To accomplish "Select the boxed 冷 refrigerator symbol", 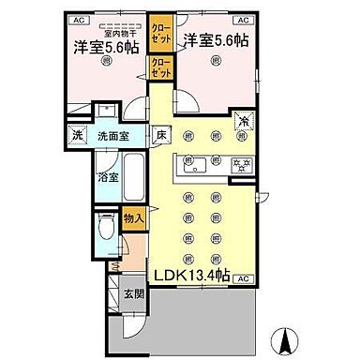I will (x=243, y=121).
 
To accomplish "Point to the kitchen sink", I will (x=197, y=166).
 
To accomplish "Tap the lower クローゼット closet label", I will (x=160, y=67).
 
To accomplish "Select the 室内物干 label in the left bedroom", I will (x=101, y=30).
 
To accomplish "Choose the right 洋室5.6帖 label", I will (x=217, y=41).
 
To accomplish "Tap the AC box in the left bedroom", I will (x=78, y=18).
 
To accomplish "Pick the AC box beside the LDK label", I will (x=242, y=279).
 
